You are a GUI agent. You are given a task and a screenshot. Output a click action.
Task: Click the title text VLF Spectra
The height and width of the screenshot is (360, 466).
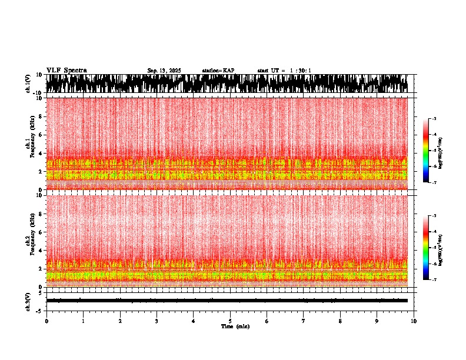click(x=66, y=71)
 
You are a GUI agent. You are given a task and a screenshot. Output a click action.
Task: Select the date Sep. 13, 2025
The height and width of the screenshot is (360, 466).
click(x=164, y=71)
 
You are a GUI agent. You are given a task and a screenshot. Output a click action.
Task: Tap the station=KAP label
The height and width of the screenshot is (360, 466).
click(x=218, y=71)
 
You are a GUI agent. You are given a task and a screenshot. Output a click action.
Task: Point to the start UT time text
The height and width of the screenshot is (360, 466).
click(x=284, y=71)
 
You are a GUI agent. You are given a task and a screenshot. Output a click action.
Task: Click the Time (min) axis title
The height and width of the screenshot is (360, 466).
click(x=235, y=326)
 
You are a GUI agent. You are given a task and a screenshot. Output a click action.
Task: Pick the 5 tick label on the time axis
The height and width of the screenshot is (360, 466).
click(x=230, y=321)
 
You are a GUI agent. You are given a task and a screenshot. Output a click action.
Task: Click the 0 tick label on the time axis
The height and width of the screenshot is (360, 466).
click(x=46, y=321)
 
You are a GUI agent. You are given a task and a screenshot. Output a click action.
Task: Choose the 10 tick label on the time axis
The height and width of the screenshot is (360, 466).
click(x=414, y=321)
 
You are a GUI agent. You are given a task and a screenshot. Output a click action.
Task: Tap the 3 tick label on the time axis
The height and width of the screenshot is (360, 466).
click(x=157, y=321)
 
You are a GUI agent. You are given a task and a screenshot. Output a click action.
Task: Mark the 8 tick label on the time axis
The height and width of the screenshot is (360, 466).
click(x=340, y=321)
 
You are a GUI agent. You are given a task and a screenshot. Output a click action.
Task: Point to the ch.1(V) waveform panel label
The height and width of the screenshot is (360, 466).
click(x=28, y=84)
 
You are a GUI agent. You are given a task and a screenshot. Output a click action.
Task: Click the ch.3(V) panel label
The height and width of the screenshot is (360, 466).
click(x=28, y=301)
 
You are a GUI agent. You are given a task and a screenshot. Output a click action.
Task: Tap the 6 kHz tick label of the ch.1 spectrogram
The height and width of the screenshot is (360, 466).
click(x=40, y=135)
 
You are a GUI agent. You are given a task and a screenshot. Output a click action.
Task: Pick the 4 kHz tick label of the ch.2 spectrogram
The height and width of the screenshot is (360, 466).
click(x=40, y=251)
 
